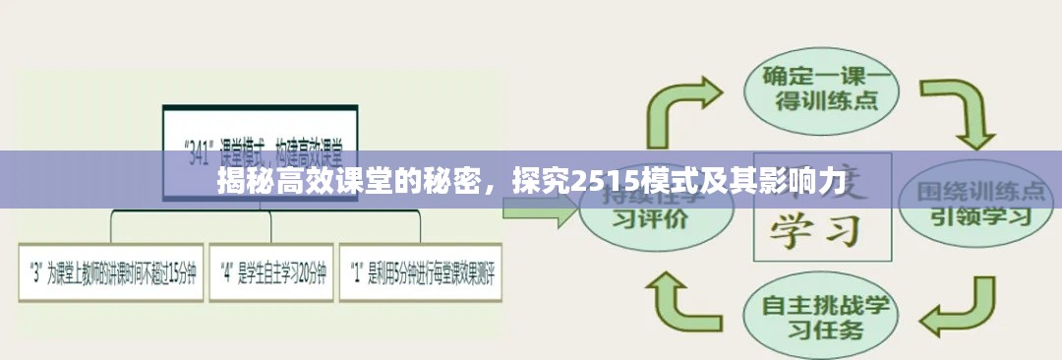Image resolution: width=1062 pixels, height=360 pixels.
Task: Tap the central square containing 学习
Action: point(820,211)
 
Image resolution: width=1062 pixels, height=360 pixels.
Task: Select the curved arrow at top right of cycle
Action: point(965,113)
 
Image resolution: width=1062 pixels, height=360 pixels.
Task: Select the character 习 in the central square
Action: point(848,231)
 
